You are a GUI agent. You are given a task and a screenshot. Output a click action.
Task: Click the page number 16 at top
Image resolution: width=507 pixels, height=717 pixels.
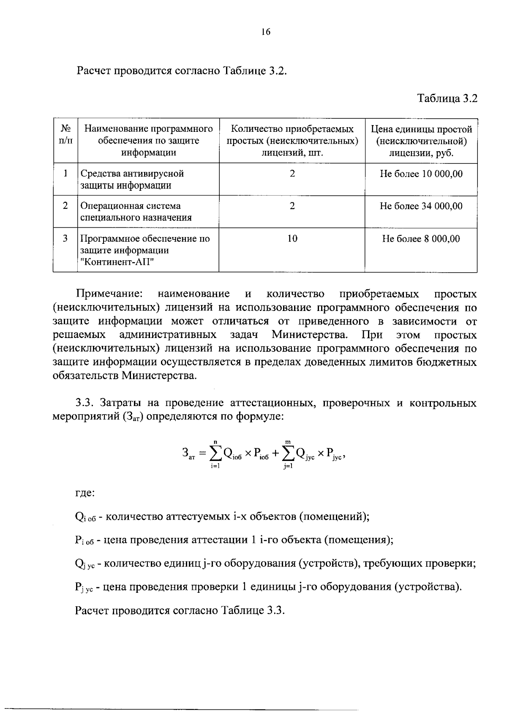(x=265, y=32)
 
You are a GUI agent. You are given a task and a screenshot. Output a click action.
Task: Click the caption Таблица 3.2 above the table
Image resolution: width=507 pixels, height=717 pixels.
(x=447, y=98)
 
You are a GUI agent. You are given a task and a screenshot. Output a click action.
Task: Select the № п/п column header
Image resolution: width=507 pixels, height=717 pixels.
(x=65, y=134)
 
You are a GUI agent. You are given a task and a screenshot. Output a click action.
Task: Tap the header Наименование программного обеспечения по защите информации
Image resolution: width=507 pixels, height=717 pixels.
(x=148, y=141)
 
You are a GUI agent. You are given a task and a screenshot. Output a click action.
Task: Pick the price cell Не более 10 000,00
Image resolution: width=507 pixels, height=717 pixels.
(x=421, y=174)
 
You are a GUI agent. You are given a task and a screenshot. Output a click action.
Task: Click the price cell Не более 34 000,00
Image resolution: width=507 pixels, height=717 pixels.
(x=421, y=206)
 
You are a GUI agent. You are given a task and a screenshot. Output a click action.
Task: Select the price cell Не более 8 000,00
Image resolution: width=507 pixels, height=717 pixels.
(x=421, y=239)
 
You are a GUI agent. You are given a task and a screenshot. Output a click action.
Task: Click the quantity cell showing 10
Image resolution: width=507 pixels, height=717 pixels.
(x=292, y=239)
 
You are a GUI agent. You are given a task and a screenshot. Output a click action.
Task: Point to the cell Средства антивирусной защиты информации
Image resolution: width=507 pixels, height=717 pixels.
(x=132, y=180)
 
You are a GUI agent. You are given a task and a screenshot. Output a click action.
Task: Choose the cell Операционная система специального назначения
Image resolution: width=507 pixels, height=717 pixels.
(x=136, y=212)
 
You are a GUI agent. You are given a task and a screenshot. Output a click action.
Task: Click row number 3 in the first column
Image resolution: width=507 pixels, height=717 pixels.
(x=65, y=239)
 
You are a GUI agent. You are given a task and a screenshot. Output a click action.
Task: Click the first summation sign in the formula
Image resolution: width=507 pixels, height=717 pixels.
(x=215, y=453)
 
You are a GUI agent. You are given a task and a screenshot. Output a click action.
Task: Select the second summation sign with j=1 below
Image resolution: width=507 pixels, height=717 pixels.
(x=289, y=453)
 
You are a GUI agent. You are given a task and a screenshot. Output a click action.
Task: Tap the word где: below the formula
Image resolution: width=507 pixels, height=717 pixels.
(x=84, y=493)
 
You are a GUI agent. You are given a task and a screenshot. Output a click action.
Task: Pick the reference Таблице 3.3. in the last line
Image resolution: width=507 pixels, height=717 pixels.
(x=253, y=611)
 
